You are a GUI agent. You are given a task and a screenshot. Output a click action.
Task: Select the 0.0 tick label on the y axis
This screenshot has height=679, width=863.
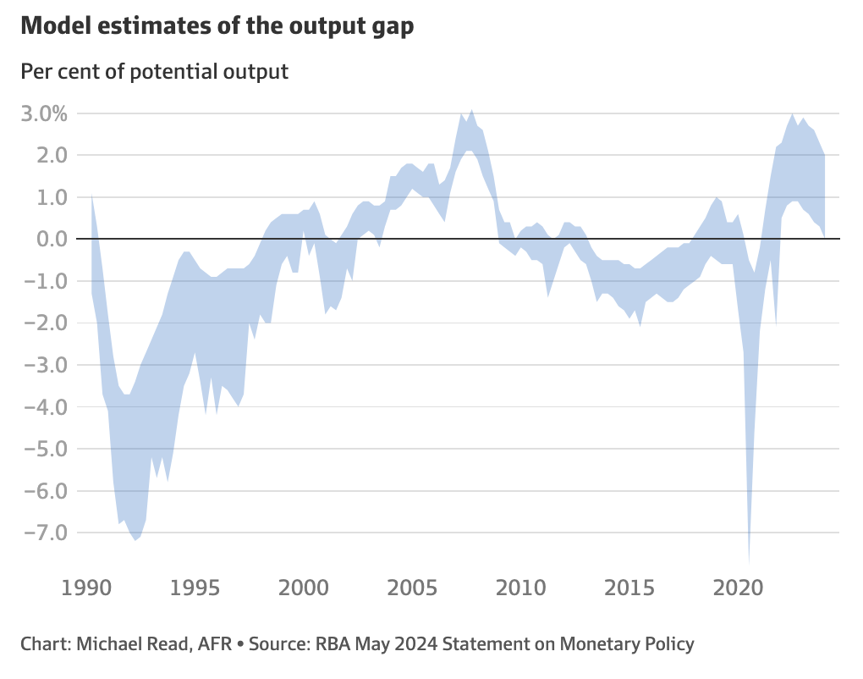51,239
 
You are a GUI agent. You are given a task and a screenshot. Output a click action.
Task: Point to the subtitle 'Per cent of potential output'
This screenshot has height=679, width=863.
154,71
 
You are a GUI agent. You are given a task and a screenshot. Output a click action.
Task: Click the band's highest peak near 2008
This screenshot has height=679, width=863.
471,111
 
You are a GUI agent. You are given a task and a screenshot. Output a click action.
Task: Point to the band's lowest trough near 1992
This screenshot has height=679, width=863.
135,539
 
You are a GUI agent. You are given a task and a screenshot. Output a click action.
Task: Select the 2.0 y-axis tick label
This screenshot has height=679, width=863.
51,155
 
